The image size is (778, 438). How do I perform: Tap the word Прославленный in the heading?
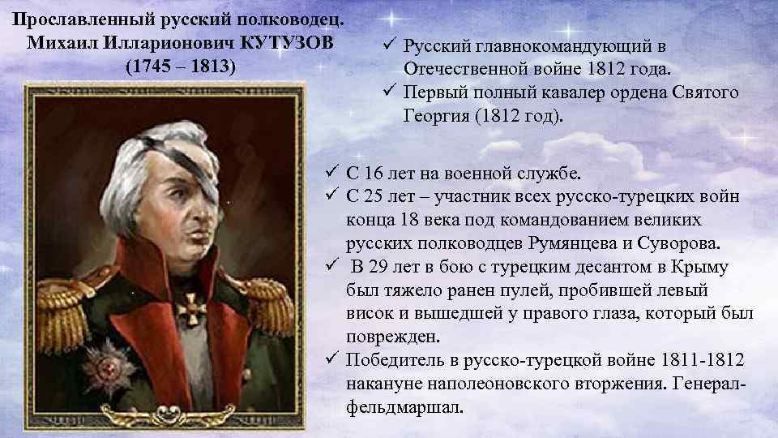[69, 18]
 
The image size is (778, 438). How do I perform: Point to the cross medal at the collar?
[192, 309]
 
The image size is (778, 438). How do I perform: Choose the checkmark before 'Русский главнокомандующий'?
[388, 45]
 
